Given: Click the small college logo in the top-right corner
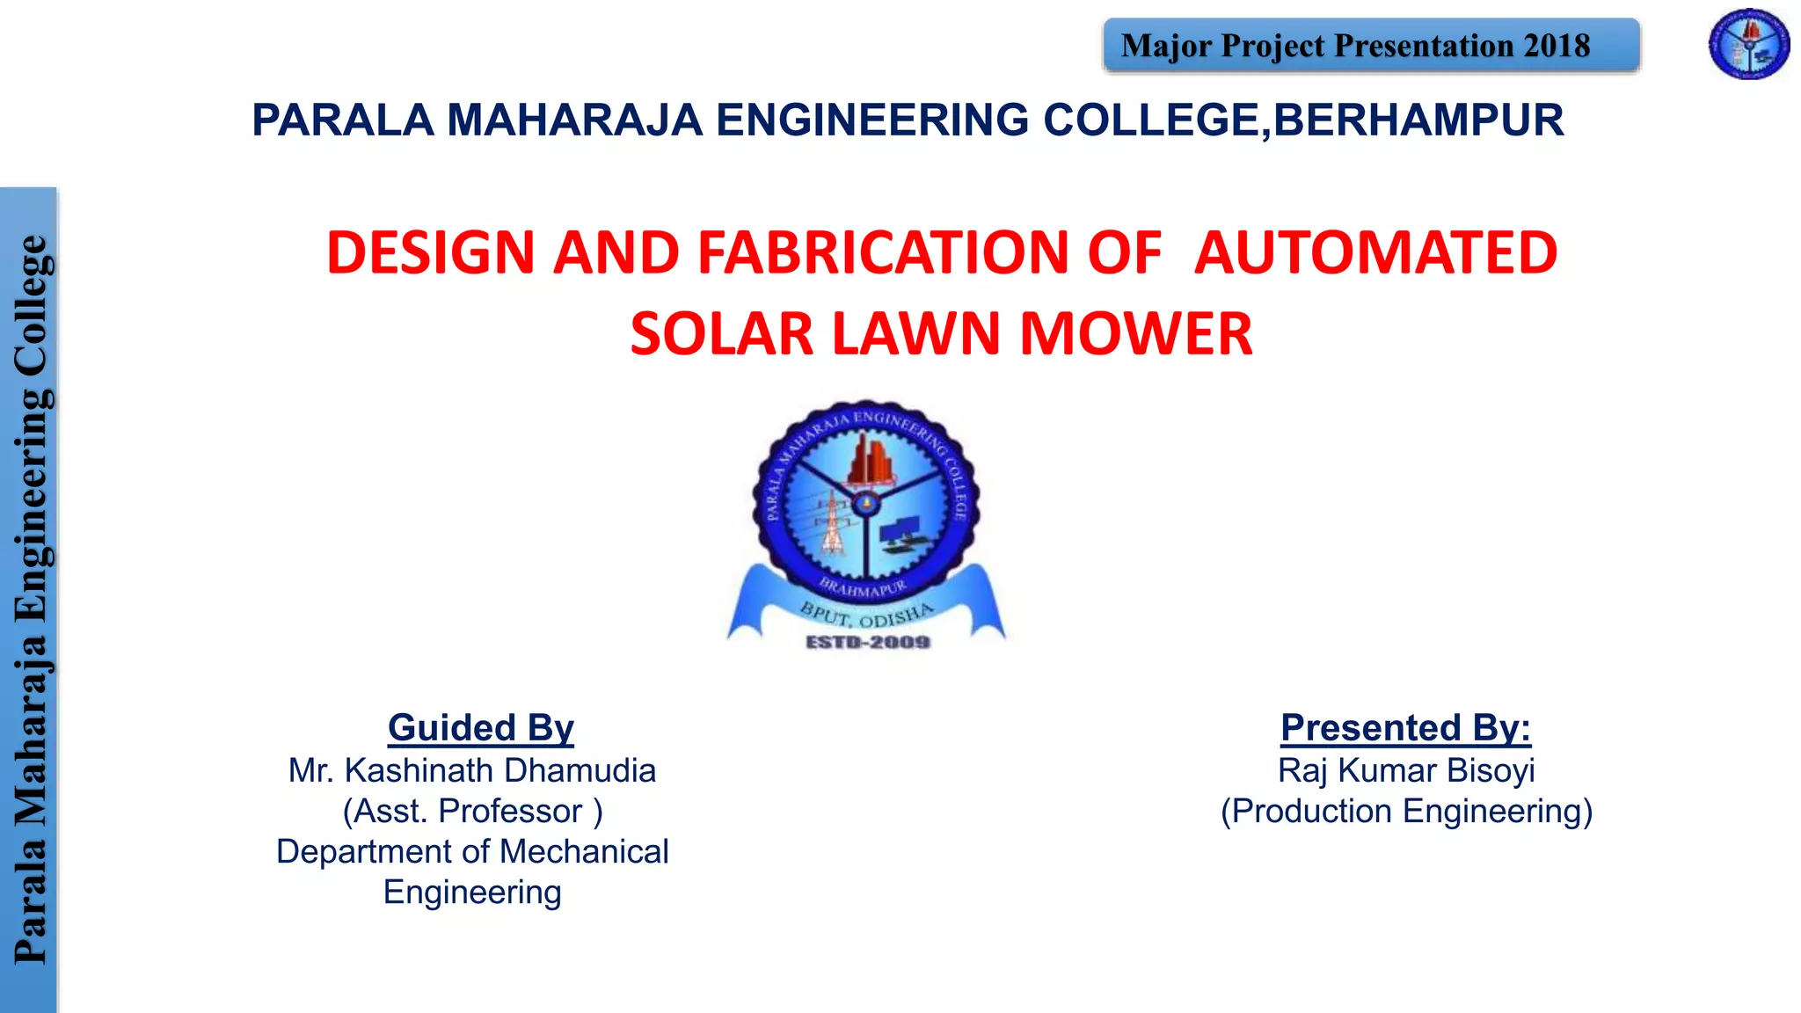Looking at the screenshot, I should pos(1748,44).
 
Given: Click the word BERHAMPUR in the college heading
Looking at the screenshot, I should pos(1418,120).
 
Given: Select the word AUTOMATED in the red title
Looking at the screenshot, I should pos(1375,252).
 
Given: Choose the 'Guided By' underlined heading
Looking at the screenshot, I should pos(480,728).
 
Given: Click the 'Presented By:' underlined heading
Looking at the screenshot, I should pos(1405,728).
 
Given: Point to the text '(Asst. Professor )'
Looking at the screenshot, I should pos(472,811).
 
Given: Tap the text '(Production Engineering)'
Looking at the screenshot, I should pos(1406,811).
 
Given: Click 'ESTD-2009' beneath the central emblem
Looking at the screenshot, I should pos(868,643).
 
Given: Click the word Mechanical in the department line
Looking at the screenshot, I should pos(584,851).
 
